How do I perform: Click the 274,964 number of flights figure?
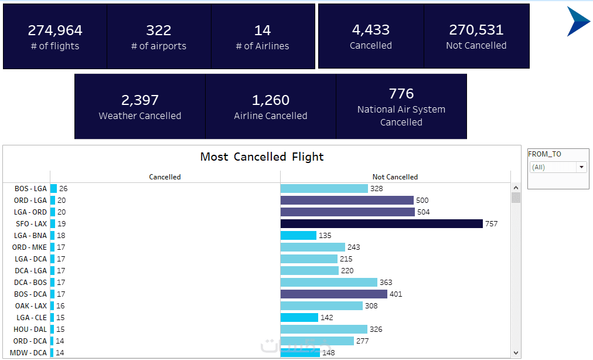(x=55, y=30)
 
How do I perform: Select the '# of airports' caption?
(x=159, y=46)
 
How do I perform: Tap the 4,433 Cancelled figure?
(x=371, y=30)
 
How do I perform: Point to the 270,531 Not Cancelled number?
(x=476, y=30)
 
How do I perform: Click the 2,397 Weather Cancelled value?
(x=140, y=100)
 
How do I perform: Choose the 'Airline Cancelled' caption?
(x=271, y=116)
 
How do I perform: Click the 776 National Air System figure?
(x=401, y=94)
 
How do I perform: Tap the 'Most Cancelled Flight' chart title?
(x=262, y=157)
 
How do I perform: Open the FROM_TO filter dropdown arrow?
(x=581, y=167)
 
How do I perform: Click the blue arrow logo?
(x=578, y=22)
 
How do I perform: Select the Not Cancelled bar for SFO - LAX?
(x=381, y=223)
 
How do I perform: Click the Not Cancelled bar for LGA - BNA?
(x=298, y=235)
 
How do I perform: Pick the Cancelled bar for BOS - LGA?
(x=53, y=188)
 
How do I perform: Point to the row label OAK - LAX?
(x=31, y=305)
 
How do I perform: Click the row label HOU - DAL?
(x=30, y=329)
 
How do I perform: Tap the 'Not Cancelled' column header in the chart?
(x=395, y=176)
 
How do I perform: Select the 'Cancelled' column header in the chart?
(x=165, y=176)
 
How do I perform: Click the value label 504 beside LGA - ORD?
(x=424, y=212)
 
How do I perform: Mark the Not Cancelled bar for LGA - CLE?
(x=299, y=317)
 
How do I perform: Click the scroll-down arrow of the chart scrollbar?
(x=516, y=353)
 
